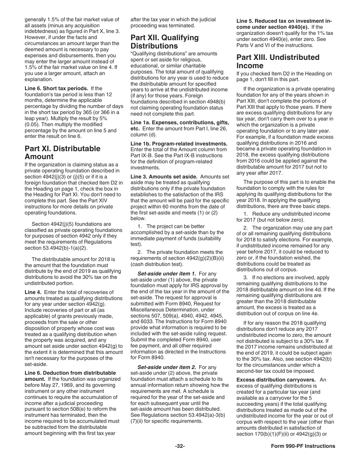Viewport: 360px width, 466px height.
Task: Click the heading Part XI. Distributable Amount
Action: click(63, 152)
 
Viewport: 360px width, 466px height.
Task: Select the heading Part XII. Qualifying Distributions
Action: click(164, 42)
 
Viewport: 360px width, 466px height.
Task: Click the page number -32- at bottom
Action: click(180, 446)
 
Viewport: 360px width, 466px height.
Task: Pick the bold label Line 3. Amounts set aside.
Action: click(164, 177)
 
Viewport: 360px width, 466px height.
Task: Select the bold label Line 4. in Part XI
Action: click(33, 292)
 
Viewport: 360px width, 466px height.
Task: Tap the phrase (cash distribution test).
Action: click(157, 264)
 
